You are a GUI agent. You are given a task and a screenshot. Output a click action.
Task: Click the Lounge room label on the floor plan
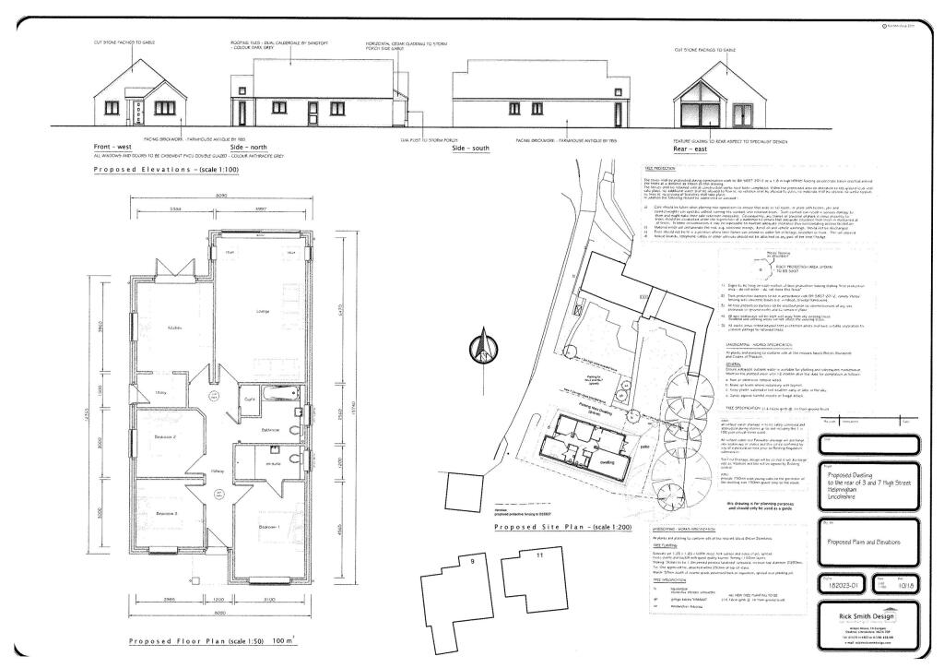(x=262, y=312)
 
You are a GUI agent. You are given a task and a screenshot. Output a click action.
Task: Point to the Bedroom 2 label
(x=165, y=436)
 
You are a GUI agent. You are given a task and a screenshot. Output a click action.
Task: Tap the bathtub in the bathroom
(x=275, y=399)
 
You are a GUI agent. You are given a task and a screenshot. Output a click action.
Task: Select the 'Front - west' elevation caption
(x=112, y=147)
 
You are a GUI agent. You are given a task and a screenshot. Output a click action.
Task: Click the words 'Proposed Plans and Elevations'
(x=861, y=542)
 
